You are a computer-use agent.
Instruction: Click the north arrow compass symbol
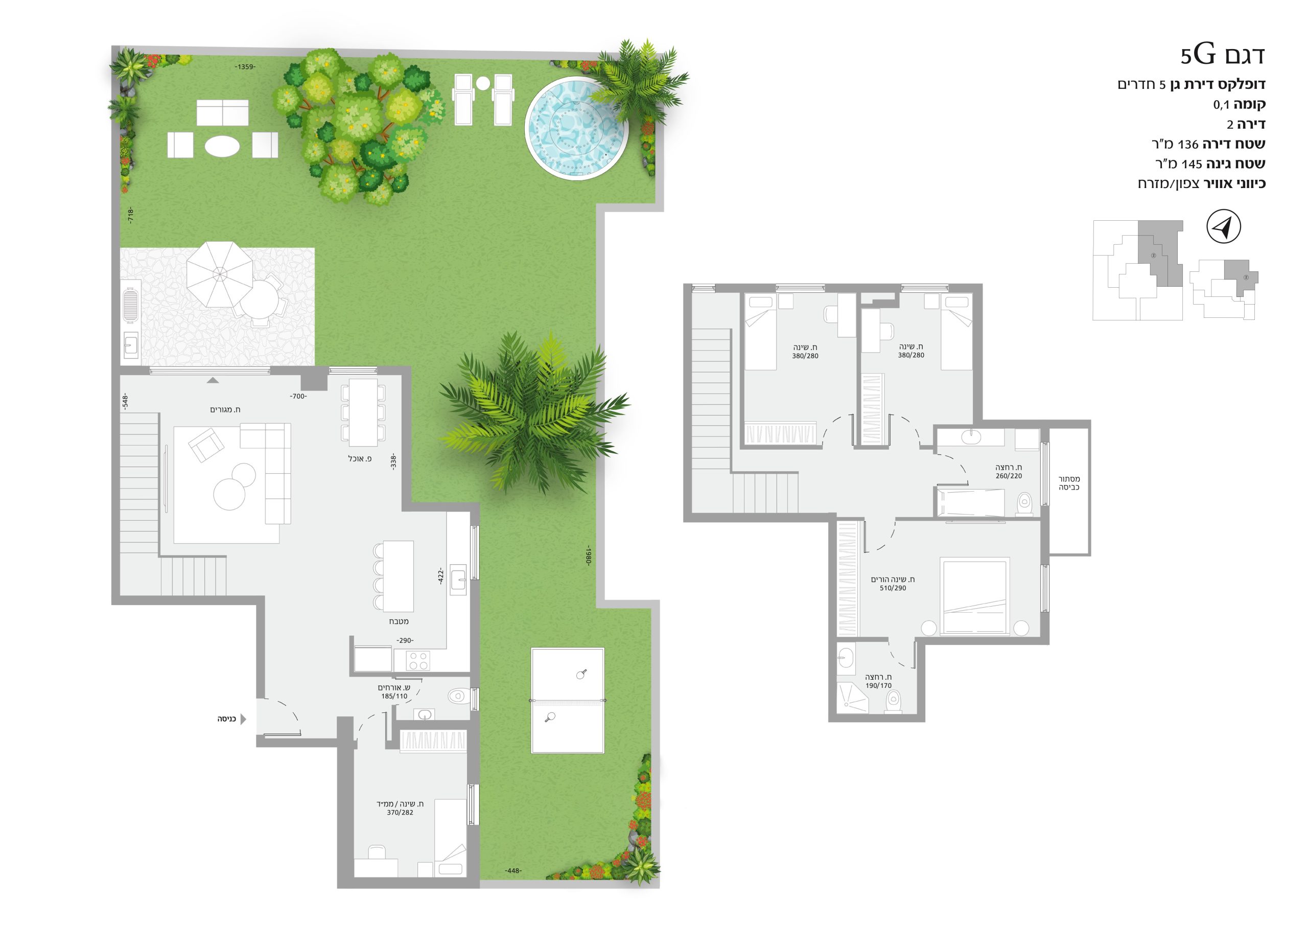tap(1223, 227)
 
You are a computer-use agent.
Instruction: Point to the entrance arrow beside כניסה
tap(243, 719)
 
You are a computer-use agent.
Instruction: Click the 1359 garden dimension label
tap(245, 66)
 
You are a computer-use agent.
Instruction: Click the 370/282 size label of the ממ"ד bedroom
tap(400, 812)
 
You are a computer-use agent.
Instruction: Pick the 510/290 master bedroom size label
tap(893, 588)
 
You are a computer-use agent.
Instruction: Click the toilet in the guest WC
tap(457, 696)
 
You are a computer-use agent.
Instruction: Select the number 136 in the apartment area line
tap(1188, 145)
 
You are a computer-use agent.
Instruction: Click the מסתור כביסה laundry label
tap(1069, 483)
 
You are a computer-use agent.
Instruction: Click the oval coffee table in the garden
tap(222, 145)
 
